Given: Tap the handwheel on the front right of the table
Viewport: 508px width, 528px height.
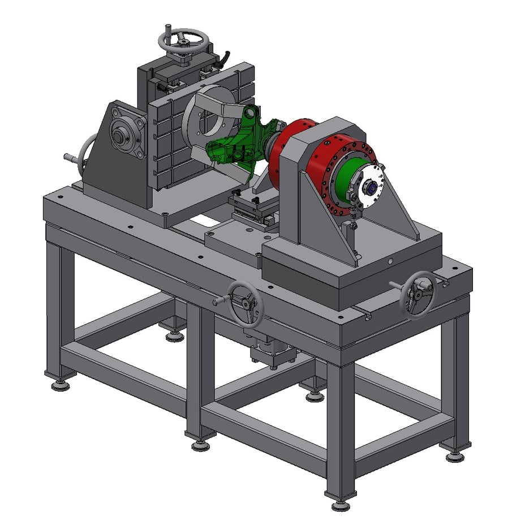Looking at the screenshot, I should click(x=418, y=292).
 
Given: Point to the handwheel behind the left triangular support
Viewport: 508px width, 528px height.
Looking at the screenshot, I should click(x=85, y=156).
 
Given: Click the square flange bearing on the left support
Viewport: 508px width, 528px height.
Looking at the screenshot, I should click(x=122, y=135).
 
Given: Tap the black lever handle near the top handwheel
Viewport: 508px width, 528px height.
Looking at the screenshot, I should click(x=226, y=57).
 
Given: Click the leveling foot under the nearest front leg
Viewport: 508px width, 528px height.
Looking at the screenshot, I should click(x=339, y=504).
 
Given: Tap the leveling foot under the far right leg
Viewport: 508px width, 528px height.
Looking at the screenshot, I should click(x=455, y=456).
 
